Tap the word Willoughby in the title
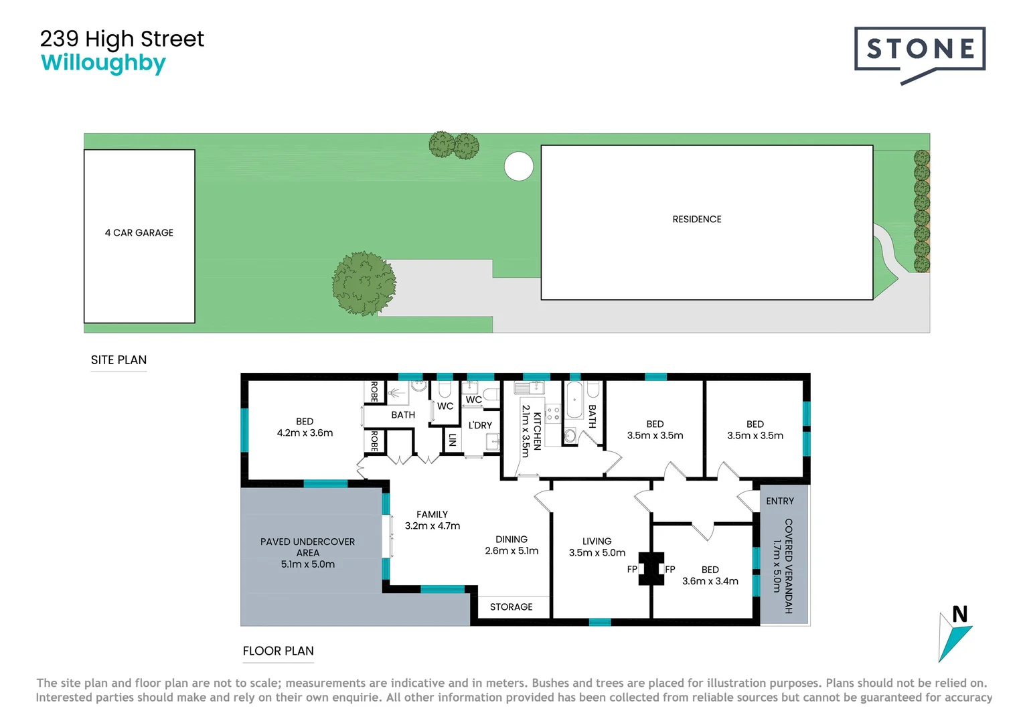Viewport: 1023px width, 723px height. point(103,63)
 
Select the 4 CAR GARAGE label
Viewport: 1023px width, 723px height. point(139,233)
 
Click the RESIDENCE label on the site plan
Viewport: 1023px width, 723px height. point(696,220)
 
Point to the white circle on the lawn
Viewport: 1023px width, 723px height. point(518,166)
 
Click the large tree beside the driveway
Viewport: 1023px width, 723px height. point(364,283)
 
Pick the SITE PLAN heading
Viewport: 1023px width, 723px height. point(119,360)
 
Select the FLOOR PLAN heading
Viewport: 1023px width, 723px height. point(278,651)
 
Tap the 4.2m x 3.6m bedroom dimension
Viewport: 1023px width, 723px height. point(305,433)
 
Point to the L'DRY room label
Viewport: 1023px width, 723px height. point(480,425)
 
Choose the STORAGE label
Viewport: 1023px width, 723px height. point(511,607)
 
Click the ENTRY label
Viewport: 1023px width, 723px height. point(779,501)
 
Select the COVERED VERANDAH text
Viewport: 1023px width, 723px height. point(788,566)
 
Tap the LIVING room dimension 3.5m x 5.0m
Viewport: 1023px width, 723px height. point(597,553)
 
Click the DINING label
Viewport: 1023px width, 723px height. point(511,540)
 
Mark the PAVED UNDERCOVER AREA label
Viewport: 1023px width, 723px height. point(307,547)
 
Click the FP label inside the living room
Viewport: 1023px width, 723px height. point(632,570)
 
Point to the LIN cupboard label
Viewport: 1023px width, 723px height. point(453,440)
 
